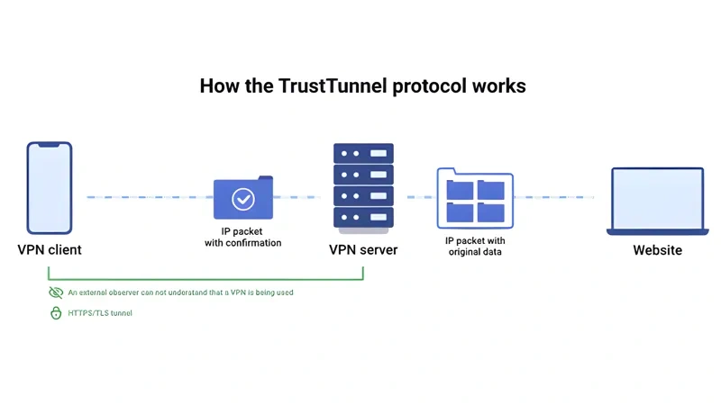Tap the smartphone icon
tap(49, 188)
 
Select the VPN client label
tap(50, 249)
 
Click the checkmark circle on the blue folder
tap(243, 199)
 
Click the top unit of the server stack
tap(363, 152)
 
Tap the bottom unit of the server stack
tap(363, 217)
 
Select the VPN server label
tap(363, 249)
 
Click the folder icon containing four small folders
tap(475, 199)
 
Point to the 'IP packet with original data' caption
tap(475, 246)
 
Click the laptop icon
tap(657, 201)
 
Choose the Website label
tap(657, 249)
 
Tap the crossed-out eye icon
tap(56, 292)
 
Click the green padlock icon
tap(56, 313)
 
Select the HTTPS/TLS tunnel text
tap(100, 313)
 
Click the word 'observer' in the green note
tap(131, 292)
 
